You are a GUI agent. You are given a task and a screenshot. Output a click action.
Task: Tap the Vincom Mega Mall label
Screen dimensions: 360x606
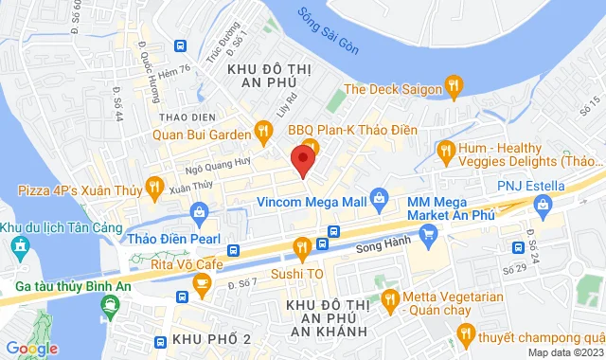tap(312, 201)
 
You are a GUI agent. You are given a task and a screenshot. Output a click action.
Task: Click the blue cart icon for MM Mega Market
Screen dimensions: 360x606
tap(429, 232)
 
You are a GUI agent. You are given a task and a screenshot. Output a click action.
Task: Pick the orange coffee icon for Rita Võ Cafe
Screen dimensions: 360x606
tap(201, 281)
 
